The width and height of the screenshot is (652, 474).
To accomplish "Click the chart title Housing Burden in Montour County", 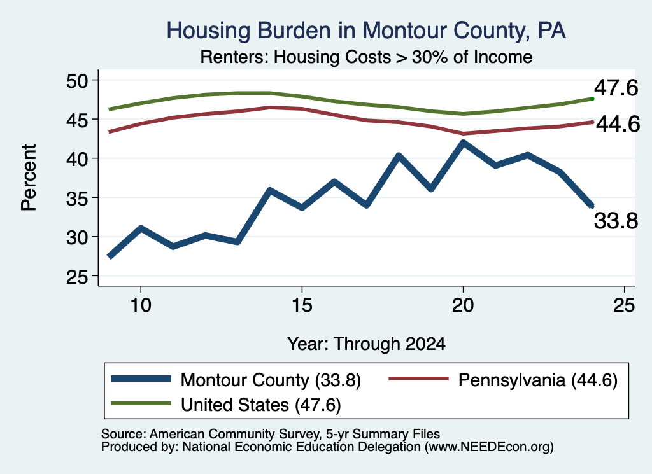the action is (366, 31).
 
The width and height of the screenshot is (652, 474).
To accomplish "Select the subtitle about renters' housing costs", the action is (366, 57).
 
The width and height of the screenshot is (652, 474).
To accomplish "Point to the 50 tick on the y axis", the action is (77, 80).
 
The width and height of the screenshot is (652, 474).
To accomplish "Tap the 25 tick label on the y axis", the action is (77, 276).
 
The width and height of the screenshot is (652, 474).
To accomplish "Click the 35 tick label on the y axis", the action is (77, 198).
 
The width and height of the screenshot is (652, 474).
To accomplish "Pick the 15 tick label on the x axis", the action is (302, 305).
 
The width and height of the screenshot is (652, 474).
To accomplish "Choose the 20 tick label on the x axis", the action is (463, 305).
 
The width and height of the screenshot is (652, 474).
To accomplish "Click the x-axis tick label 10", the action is (141, 305).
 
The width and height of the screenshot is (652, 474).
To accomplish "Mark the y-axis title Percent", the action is (29, 178).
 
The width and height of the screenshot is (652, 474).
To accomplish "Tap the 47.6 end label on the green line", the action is (616, 88).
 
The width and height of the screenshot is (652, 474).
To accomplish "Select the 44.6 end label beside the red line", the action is (618, 124).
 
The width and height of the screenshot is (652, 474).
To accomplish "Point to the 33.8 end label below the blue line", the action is (616, 221).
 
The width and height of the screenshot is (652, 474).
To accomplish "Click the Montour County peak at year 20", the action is (463, 143).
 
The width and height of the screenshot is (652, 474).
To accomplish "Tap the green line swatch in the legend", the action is (141, 403).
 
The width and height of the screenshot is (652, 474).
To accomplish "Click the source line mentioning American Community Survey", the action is (270, 434).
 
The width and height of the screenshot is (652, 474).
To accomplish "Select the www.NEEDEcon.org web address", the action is (489, 447).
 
